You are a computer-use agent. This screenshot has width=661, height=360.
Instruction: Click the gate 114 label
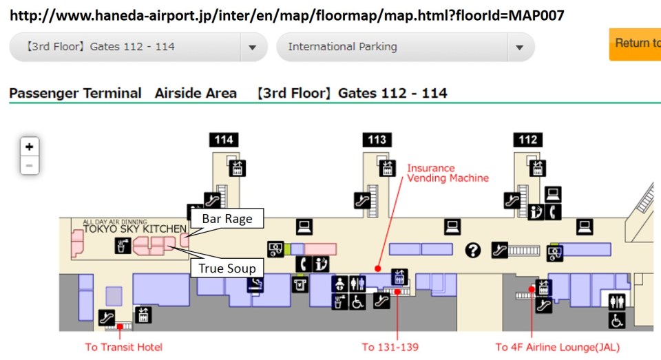click(x=224, y=140)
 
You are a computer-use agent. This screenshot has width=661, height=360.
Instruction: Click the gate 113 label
click(x=377, y=140)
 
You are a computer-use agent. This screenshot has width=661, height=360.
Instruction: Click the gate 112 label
click(x=527, y=140)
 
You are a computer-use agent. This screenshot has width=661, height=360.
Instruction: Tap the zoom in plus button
click(x=29, y=147)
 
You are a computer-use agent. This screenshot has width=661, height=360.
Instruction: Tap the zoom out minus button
click(x=29, y=165)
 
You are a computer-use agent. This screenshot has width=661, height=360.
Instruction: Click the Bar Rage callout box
click(x=227, y=220)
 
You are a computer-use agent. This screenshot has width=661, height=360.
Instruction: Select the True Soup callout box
click(x=227, y=268)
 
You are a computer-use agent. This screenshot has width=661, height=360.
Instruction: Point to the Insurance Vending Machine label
click(x=448, y=173)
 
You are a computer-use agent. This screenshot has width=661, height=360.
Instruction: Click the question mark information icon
click(x=472, y=250)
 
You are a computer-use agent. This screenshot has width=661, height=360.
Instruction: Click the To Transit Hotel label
click(x=124, y=347)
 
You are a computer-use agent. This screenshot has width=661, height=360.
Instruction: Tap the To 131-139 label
click(x=390, y=347)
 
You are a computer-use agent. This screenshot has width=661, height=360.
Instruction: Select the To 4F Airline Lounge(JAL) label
click(x=557, y=347)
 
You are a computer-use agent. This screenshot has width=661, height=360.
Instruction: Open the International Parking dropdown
click(x=405, y=47)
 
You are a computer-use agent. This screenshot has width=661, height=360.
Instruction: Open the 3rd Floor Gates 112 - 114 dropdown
click(x=138, y=47)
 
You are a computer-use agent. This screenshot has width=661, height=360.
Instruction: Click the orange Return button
click(x=635, y=43)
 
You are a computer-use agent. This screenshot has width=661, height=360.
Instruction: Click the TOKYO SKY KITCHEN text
click(x=134, y=229)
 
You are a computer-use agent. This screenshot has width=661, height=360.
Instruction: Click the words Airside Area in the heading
click(x=196, y=93)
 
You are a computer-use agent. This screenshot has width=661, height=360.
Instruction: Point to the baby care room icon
click(x=339, y=284)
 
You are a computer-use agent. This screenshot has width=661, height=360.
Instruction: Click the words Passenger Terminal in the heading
click(x=75, y=93)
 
